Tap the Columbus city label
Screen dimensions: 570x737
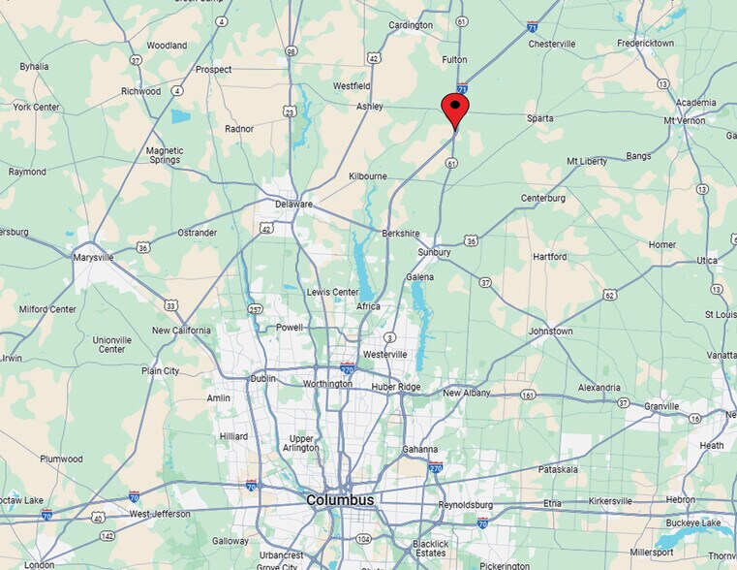pyautogui.click(x=340, y=500)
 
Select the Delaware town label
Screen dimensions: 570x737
pyautogui.click(x=293, y=205)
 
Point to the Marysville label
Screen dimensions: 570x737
pyautogui.click(x=94, y=258)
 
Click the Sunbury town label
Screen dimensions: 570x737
pyautogui.click(x=434, y=252)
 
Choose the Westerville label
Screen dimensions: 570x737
pyautogui.click(x=385, y=355)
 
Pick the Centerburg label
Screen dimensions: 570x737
pyautogui.click(x=543, y=199)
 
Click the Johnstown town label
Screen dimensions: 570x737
pyautogui.click(x=550, y=332)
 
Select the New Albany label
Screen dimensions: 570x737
pyautogui.click(x=467, y=394)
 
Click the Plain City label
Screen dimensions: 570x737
pyautogui.click(x=159, y=371)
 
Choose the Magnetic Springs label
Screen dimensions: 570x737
pyautogui.click(x=165, y=156)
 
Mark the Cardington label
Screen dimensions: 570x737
pyautogui.click(x=411, y=25)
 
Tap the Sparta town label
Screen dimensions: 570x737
pyautogui.click(x=539, y=118)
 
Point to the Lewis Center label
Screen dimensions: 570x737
pyautogui.click(x=332, y=292)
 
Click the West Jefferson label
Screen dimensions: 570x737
pyautogui.click(x=158, y=513)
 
